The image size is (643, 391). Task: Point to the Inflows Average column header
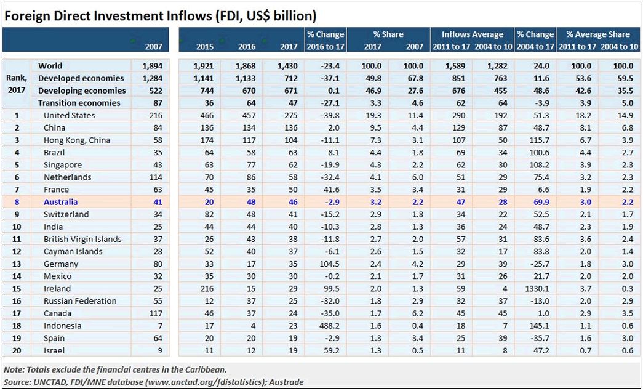pyautogui.click(x=472, y=34)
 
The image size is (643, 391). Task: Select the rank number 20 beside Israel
pyautogui.click(x=17, y=350)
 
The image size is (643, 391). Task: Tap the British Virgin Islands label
pyautogui.click(x=82, y=239)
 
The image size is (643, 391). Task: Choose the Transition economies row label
pyautogui.click(x=79, y=103)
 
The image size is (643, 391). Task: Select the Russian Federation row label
pyautogui.click(x=80, y=300)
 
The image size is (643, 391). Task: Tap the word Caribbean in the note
pyautogui.click(x=204, y=369)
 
